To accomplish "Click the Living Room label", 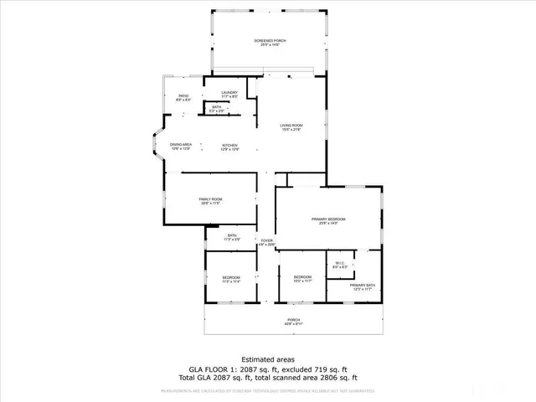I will (290, 127).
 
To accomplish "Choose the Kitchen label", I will (229, 147).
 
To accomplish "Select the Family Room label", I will (209, 200).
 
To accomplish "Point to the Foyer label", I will (266, 242).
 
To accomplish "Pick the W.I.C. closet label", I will (339, 265).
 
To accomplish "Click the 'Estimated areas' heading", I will (267, 358).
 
